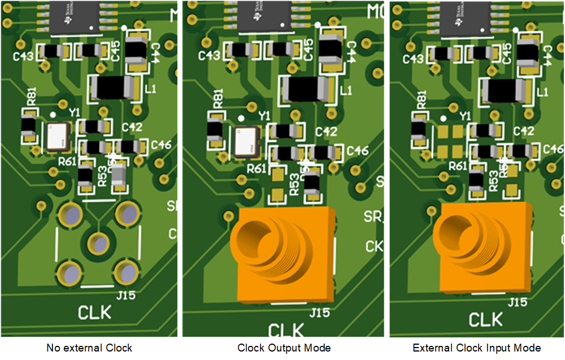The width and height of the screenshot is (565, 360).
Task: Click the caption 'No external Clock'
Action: [89, 348]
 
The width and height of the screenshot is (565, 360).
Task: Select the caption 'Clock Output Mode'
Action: [284, 348]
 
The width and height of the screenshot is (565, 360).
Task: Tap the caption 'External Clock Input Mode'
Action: [477, 348]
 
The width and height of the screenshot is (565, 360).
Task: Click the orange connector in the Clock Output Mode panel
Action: [284, 254]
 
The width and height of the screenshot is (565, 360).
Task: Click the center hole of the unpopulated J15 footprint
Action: [99, 243]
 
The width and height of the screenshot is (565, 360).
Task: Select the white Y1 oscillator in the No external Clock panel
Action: [58, 136]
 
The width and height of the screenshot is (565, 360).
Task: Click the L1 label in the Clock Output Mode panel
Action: [346, 90]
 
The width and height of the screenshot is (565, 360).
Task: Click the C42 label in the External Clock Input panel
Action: [524, 131]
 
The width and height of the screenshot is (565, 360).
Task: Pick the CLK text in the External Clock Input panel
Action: [485, 319]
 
